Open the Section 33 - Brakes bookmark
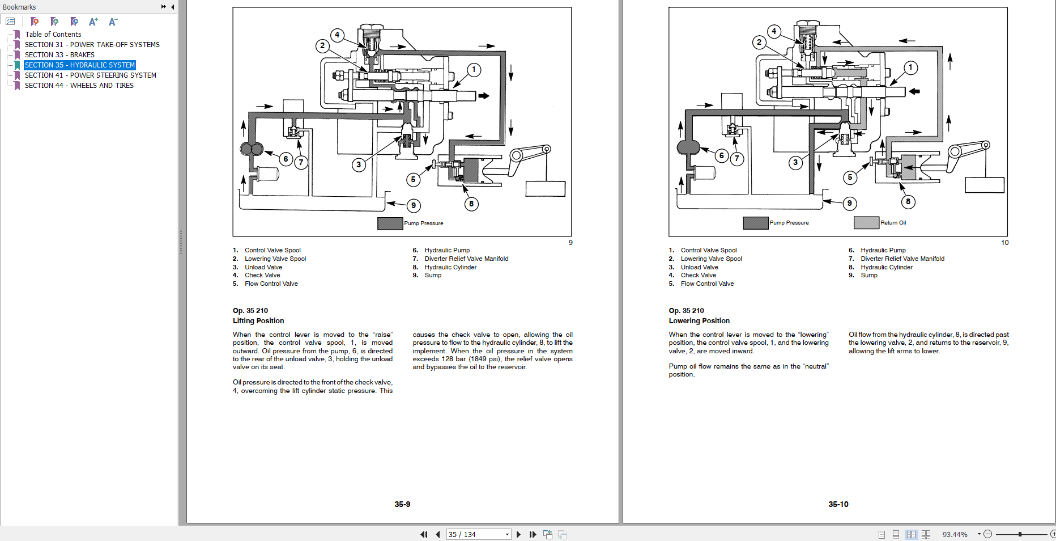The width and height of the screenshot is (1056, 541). click(x=59, y=55)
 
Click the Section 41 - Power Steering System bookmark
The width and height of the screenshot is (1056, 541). click(x=90, y=75)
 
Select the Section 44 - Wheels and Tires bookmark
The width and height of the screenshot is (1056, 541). click(x=79, y=86)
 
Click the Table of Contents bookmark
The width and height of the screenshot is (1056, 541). click(x=53, y=35)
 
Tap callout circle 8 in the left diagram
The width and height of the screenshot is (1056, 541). click(x=471, y=204)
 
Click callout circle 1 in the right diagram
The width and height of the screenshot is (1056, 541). click(x=910, y=67)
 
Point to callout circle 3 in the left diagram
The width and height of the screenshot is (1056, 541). click(x=359, y=164)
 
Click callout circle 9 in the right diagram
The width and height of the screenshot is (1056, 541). click(x=849, y=203)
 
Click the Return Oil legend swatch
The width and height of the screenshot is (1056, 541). click(x=866, y=223)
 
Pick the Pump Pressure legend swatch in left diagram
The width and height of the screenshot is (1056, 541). click(x=390, y=223)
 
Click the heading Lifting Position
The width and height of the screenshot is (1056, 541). click(x=258, y=321)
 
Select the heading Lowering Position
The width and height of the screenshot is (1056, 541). click(x=699, y=321)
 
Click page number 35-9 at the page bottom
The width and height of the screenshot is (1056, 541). click(x=402, y=504)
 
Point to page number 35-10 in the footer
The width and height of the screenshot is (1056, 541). click(x=838, y=504)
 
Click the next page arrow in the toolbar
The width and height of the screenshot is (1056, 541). click(x=518, y=534)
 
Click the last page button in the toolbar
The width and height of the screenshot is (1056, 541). click(x=533, y=534)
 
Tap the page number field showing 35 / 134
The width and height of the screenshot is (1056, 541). click(x=475, y=534)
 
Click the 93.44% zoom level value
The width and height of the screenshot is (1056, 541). click(x=955, y=534)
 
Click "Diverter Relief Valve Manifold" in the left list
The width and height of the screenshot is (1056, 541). click(x=466, y=259)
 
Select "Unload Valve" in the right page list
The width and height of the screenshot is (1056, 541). click(x=699, y=267)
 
